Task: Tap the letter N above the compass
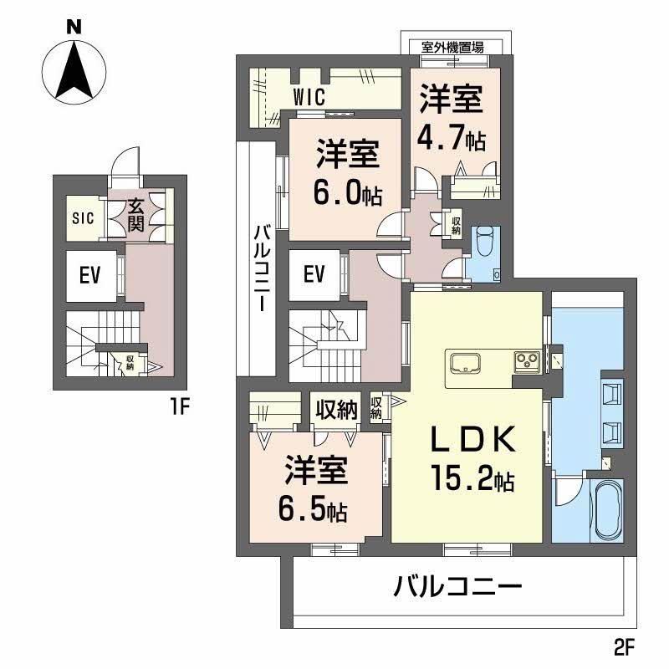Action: pos(74,27)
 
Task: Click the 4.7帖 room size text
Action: pos(452,140)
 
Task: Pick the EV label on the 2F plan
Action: pos(314,274)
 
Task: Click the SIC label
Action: pos(81,218)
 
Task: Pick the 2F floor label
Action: pos(626,646)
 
